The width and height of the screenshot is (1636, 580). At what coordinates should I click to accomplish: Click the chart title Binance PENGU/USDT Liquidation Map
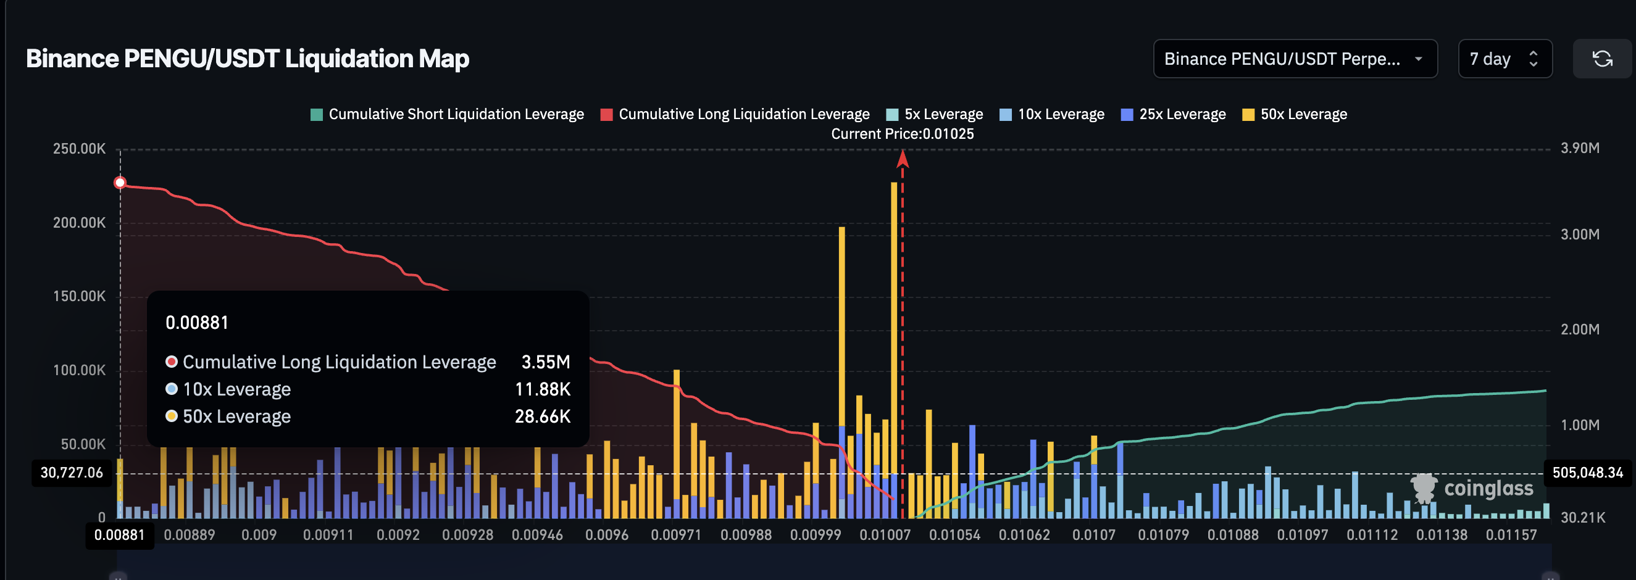click(248, 59)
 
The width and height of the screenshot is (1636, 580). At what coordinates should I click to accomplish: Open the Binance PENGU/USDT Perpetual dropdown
click(1295, 59)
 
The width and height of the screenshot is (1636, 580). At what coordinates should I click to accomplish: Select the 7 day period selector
click(1504, 59)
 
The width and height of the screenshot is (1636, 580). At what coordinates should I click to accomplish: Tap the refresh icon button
click(1601, 59)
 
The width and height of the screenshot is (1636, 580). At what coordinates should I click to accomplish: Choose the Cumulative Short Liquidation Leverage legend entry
click(447, 114)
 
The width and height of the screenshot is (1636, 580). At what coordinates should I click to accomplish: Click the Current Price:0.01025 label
click(902, 134)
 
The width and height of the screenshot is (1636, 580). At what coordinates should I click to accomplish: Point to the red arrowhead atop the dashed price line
click(903, 159)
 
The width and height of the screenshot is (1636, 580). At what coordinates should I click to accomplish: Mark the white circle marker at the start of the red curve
click(120, 183)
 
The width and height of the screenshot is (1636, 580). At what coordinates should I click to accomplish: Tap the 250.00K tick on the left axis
click(79, 149)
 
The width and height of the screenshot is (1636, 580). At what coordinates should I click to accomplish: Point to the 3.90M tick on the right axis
click(1580, 148)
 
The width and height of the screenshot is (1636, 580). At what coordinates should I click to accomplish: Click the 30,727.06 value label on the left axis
click(72, 473)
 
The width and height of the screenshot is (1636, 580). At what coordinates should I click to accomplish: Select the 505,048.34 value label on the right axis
click(1587, 473)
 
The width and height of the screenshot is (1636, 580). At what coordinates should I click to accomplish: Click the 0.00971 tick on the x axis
click(676, 535)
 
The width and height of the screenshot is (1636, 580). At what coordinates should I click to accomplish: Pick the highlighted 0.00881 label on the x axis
click(119, 535)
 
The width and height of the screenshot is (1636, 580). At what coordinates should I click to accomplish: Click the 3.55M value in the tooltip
click(546, 362)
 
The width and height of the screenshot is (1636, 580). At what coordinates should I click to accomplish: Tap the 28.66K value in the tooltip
click(543, 416)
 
